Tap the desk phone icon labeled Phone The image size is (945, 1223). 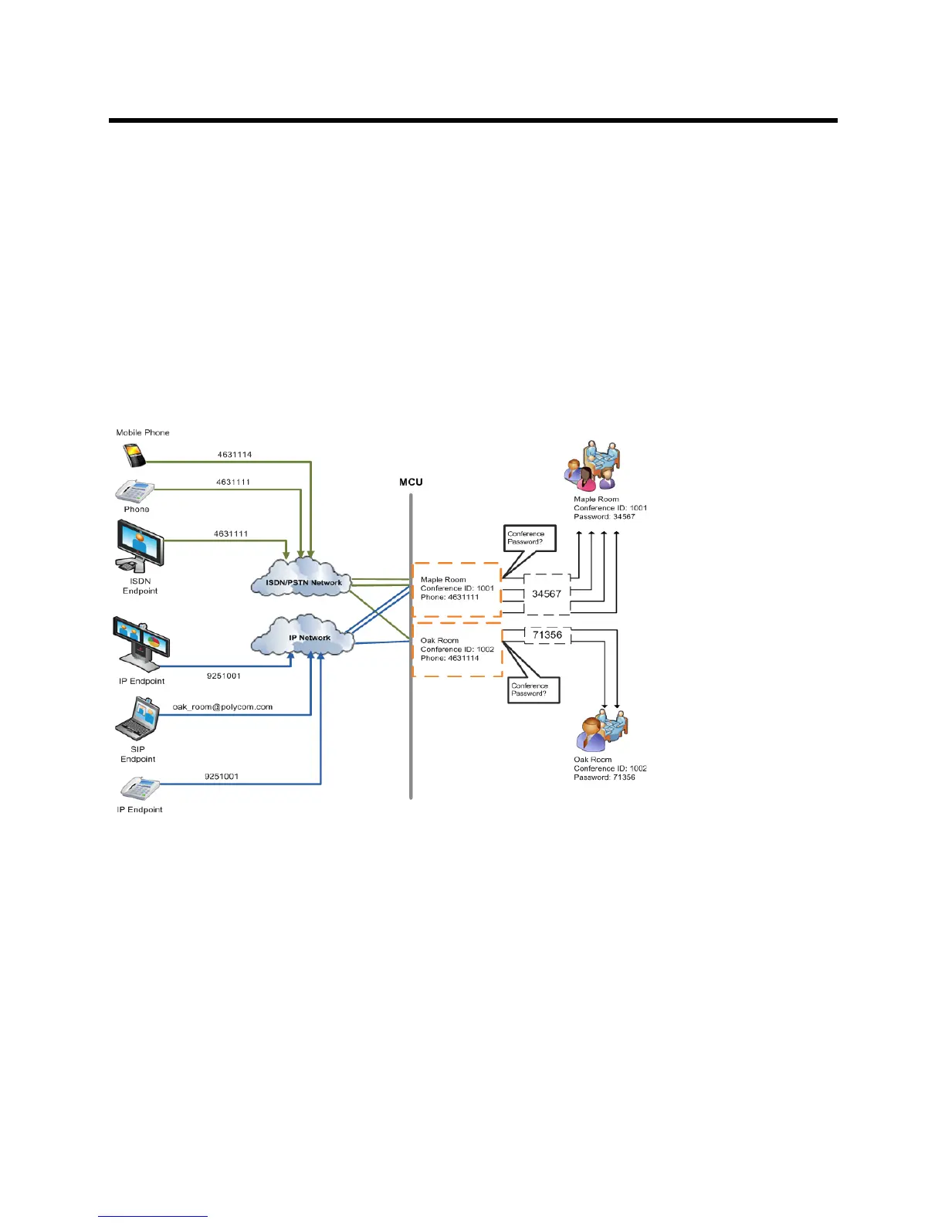134,491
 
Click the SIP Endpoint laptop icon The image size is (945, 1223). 137,719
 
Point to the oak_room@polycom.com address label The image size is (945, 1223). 222,707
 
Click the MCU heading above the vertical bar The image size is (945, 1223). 411,482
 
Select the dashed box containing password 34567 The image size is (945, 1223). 547,594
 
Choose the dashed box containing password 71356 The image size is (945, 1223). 547,635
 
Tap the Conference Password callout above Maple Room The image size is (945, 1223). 529,537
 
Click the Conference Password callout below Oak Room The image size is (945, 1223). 532,689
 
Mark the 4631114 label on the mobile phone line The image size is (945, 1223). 234,455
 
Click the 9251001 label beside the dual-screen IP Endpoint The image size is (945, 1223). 224,676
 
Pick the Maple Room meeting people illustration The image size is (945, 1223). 593,466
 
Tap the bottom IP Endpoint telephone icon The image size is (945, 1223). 140,789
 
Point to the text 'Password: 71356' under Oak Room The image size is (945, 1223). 605,778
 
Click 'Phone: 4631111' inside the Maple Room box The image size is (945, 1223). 449,597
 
